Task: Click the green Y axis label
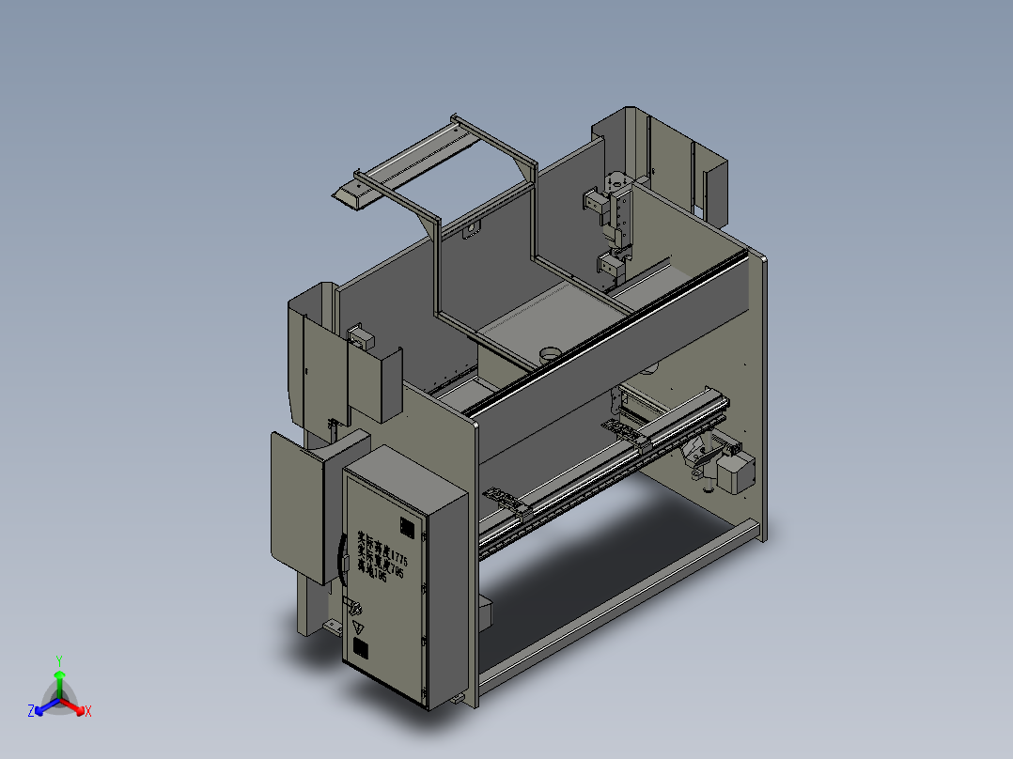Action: click(58, 660)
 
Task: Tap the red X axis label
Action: click(87, 712)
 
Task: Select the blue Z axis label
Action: click(30, 712)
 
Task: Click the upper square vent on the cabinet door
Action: click(407, 527)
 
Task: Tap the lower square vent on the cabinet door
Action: click(360, 648)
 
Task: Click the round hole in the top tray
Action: click(548, 353)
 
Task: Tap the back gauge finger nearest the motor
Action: click(620, 429)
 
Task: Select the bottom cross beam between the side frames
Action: click(611, 601)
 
